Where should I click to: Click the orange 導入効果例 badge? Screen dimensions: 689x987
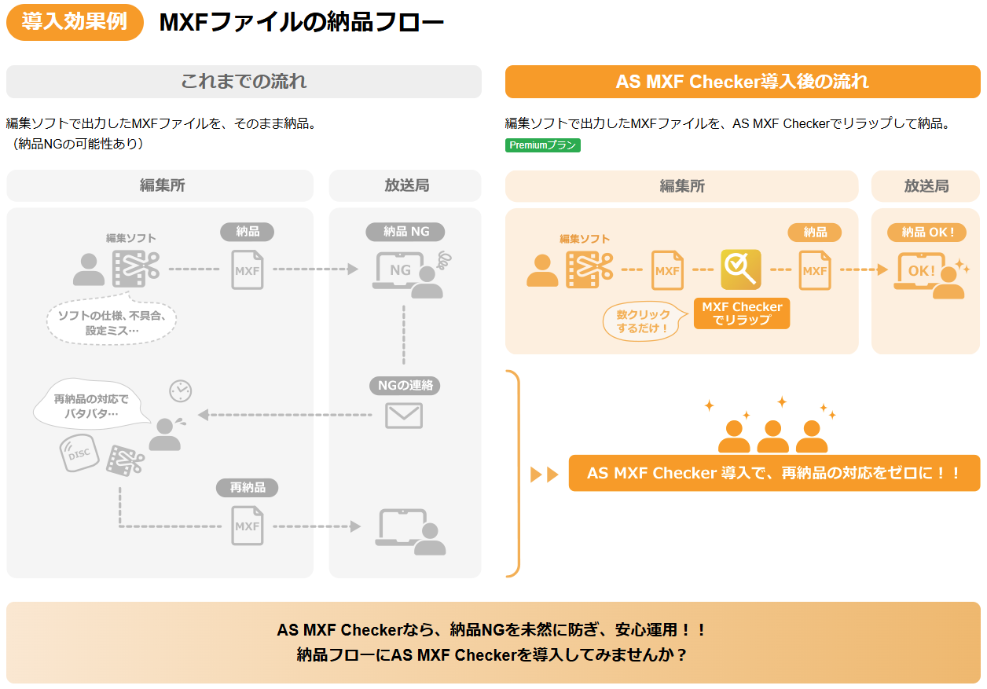coord(75,22)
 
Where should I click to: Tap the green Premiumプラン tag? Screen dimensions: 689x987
coord(542,145)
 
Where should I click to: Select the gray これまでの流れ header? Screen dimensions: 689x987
coord(244,82)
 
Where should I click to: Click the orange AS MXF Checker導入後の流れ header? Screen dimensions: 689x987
coord(743,82)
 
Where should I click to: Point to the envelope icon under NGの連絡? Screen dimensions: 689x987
coord(404,416)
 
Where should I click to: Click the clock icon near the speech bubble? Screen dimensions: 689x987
coord(180,390)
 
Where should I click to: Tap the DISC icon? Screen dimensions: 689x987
coord(79,454)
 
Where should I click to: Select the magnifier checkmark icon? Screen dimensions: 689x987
coord(740,269)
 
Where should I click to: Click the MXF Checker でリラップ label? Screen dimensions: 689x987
coord(742,313)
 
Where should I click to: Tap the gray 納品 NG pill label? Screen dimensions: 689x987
coord(405,232)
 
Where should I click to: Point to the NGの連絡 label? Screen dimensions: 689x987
coord(405,386)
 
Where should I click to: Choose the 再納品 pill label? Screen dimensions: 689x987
coord(248,488)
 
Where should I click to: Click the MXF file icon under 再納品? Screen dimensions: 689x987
coord(248,526)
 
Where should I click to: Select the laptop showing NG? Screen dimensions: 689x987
coord(401,272)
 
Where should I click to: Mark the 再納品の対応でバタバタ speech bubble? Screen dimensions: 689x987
coord(91,406)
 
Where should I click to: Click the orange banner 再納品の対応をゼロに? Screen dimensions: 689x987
coord(774,473)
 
